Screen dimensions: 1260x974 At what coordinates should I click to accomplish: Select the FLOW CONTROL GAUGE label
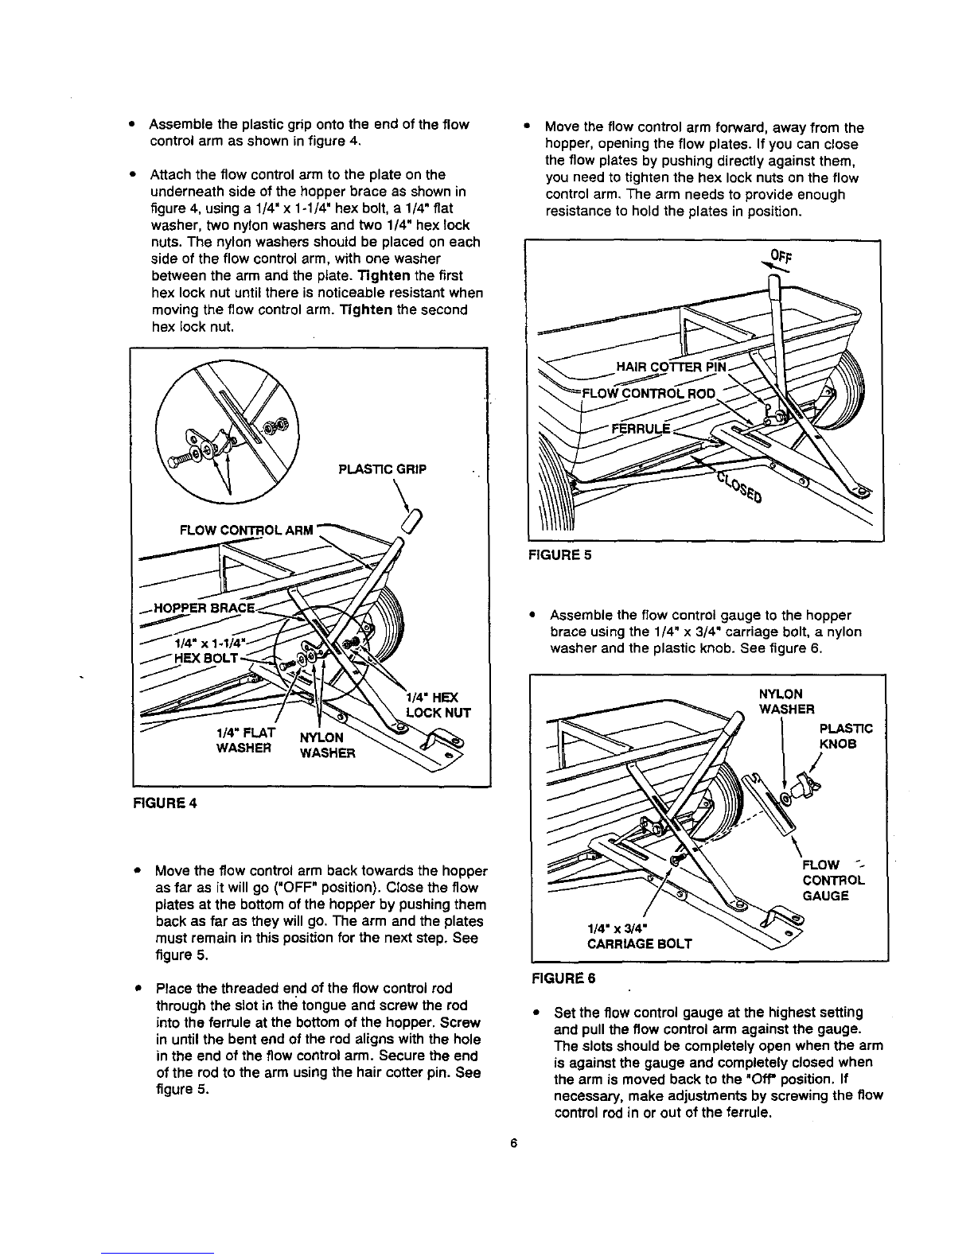(x=832, y=880)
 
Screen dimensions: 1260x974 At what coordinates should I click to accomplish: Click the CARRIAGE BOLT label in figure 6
(x=639, y=943)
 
